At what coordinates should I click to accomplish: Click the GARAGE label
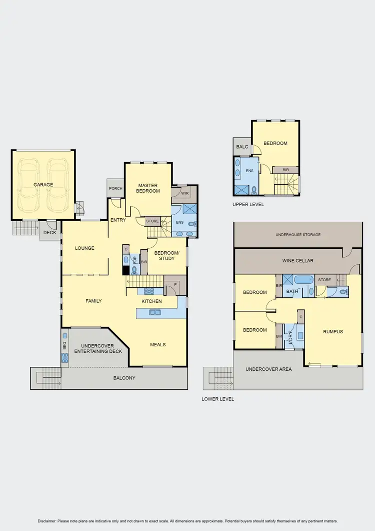pyautogui.click(x=43, y=185)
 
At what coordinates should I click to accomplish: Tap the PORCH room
pyautogui.click(x=115, y=189)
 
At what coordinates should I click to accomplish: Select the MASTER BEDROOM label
pyautogui.click(x=148, y=188)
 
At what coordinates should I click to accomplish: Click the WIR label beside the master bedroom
pyautogui.click(x=184, y=193)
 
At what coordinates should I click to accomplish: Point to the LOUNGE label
pyautogui.click(x=84, y=248)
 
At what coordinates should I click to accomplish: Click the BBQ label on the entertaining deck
pyautogui.click(x=64, y=345)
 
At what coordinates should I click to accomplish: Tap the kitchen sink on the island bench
pyautogui.click(x=154, y=313)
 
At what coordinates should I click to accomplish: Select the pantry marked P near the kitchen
pyautogui.click(x=175, y=284)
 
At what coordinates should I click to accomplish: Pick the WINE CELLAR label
pyautogui.click(x=298, y=261)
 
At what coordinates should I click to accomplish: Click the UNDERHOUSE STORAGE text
pyautogui.click(x=298, y=235)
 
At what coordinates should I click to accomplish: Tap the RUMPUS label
pyautogui.click(x=332, y=331)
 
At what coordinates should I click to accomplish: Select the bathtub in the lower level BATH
pyautogui.click(x=303, y=280)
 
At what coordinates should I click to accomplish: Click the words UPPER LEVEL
pyautogui.click(x=248, y=205)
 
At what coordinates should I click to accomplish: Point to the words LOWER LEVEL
pyautogui.click(x=217, y=399)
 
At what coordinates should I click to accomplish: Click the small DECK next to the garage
pyautogui.click(x=49, y=232)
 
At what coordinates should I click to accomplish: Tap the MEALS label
pyautogui.click(x=158, y=344)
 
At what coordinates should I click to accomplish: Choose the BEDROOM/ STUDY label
pyautogui.click(x=164, y=256)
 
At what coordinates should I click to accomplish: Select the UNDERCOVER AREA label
pyautogui.click(x=268, y=369)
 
